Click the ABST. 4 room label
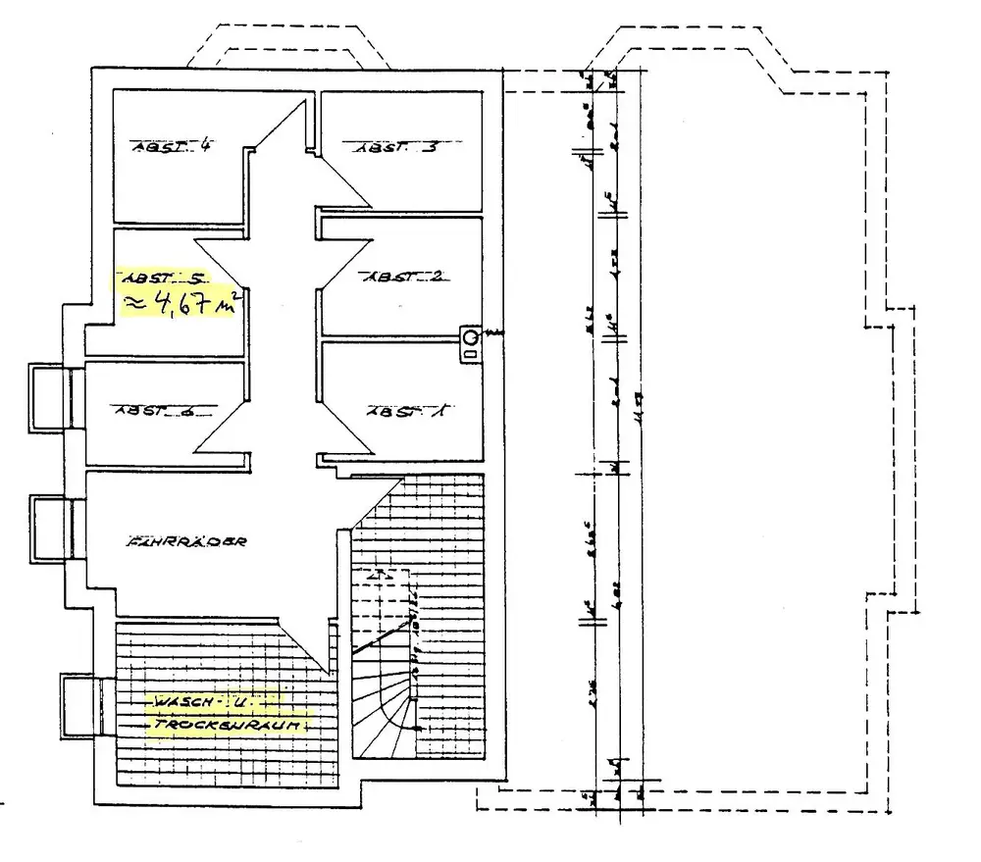coord(174,147)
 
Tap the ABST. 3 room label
coord(395,148)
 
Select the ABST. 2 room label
coord(404,276)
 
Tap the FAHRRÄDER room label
coord(185,541)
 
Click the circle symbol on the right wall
coord(471,338)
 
